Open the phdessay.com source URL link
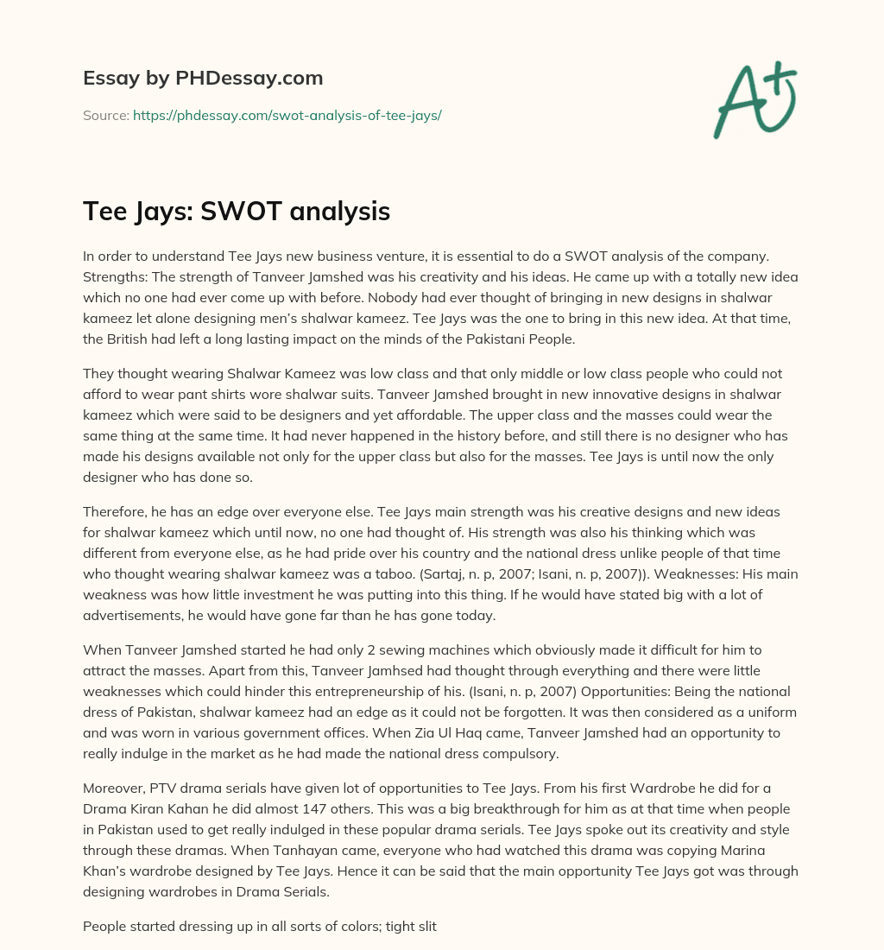287,115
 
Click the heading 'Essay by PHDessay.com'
203,79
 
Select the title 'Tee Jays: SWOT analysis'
237,212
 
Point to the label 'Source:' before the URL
105,115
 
